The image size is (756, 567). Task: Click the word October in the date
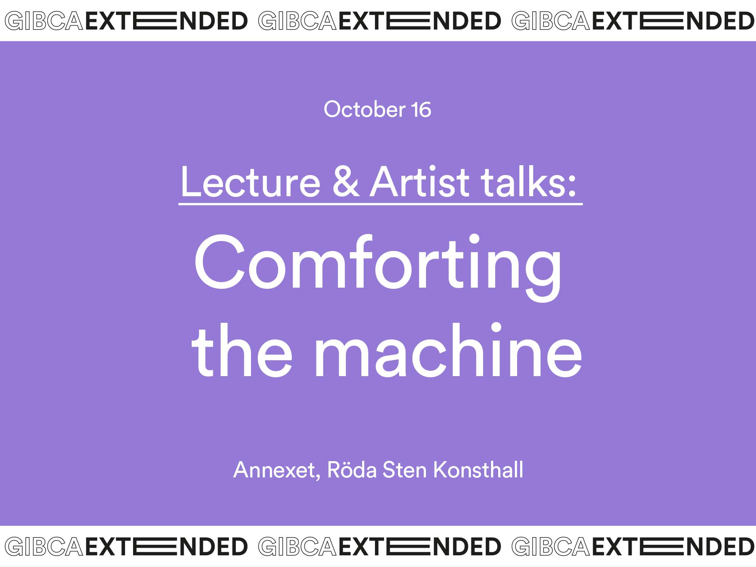point(364,109)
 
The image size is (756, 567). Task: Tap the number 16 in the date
point(421,110)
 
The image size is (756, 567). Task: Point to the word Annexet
point(274,470)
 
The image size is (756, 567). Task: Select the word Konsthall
point(478,469)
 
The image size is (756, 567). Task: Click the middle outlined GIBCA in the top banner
point(297,21)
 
